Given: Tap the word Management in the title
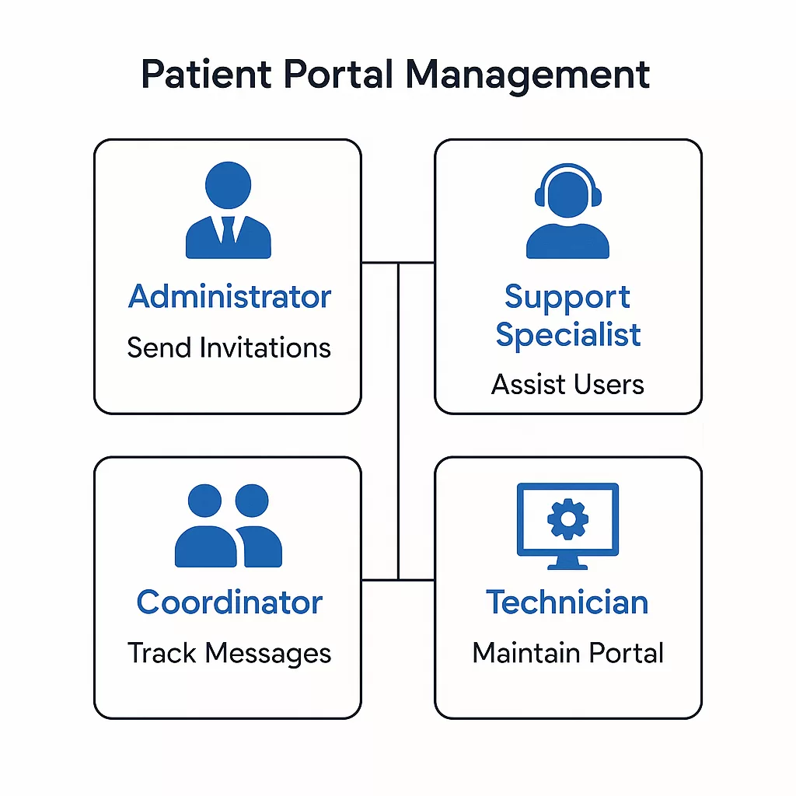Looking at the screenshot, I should (x=529, y=75).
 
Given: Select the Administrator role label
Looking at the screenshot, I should (x=229, y=297).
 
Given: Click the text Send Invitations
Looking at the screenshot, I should (x=229, y=347).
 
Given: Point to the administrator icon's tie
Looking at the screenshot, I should (x=228, y=230).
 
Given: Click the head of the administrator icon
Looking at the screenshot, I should (x=228, y=185).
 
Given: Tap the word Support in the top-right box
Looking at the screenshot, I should (x=567, y=298).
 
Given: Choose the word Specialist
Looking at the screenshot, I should (x=567, y=335).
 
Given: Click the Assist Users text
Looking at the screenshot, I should (x=567, y=384).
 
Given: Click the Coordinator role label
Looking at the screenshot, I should (x=229, y=602).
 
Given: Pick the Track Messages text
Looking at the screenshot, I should (x=229, y=653).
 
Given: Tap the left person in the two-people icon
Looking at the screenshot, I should (x=204, y=529).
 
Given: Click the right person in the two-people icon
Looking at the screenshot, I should (x=254, y=529).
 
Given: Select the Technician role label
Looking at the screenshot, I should (x=567, y=602).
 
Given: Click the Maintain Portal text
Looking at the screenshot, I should (x=567, y=653).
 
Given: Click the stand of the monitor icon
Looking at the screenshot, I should (x=567, y=563).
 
